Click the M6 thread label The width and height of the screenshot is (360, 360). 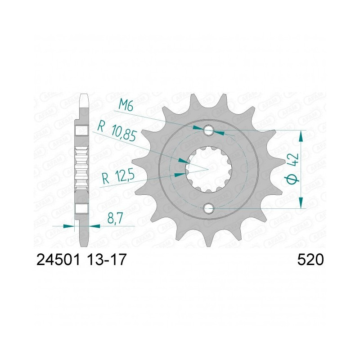126,106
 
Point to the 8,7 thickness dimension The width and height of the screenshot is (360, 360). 115,218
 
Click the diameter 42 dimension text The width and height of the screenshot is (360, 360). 294,167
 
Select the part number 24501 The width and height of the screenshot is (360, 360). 58,260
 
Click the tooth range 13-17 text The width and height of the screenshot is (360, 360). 107,260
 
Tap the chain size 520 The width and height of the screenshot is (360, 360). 310,260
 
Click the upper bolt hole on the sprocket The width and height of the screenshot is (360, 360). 208,130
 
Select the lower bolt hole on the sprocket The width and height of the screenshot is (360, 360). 208,208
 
